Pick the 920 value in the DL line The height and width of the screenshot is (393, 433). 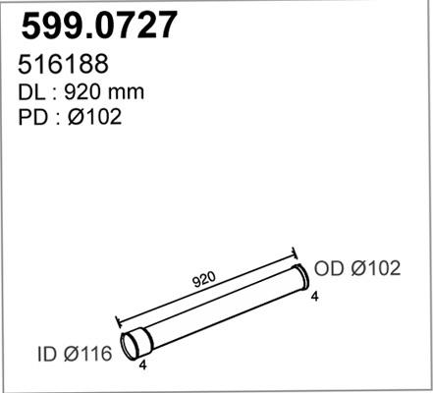84,91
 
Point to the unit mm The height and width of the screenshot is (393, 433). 127,91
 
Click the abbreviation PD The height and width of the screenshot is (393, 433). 32,117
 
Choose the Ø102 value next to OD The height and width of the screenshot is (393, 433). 376,269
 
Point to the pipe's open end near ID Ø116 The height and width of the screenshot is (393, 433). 131,346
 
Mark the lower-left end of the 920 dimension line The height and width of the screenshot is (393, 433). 117,320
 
